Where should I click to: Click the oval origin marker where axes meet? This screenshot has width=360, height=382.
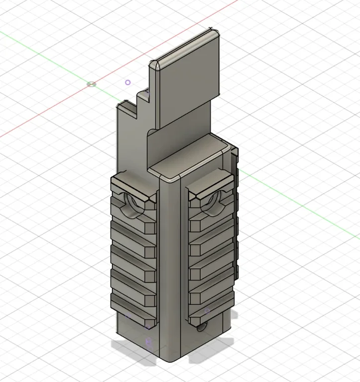[x=91, y=84]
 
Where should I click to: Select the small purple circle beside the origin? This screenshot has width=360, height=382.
[x=128, y=83]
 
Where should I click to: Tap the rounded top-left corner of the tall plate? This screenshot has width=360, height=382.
[x=155, y=65]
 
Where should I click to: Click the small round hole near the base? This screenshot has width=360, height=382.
[x=202, y=328]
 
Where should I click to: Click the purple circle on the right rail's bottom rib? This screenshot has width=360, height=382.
[x=207, y=311]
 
